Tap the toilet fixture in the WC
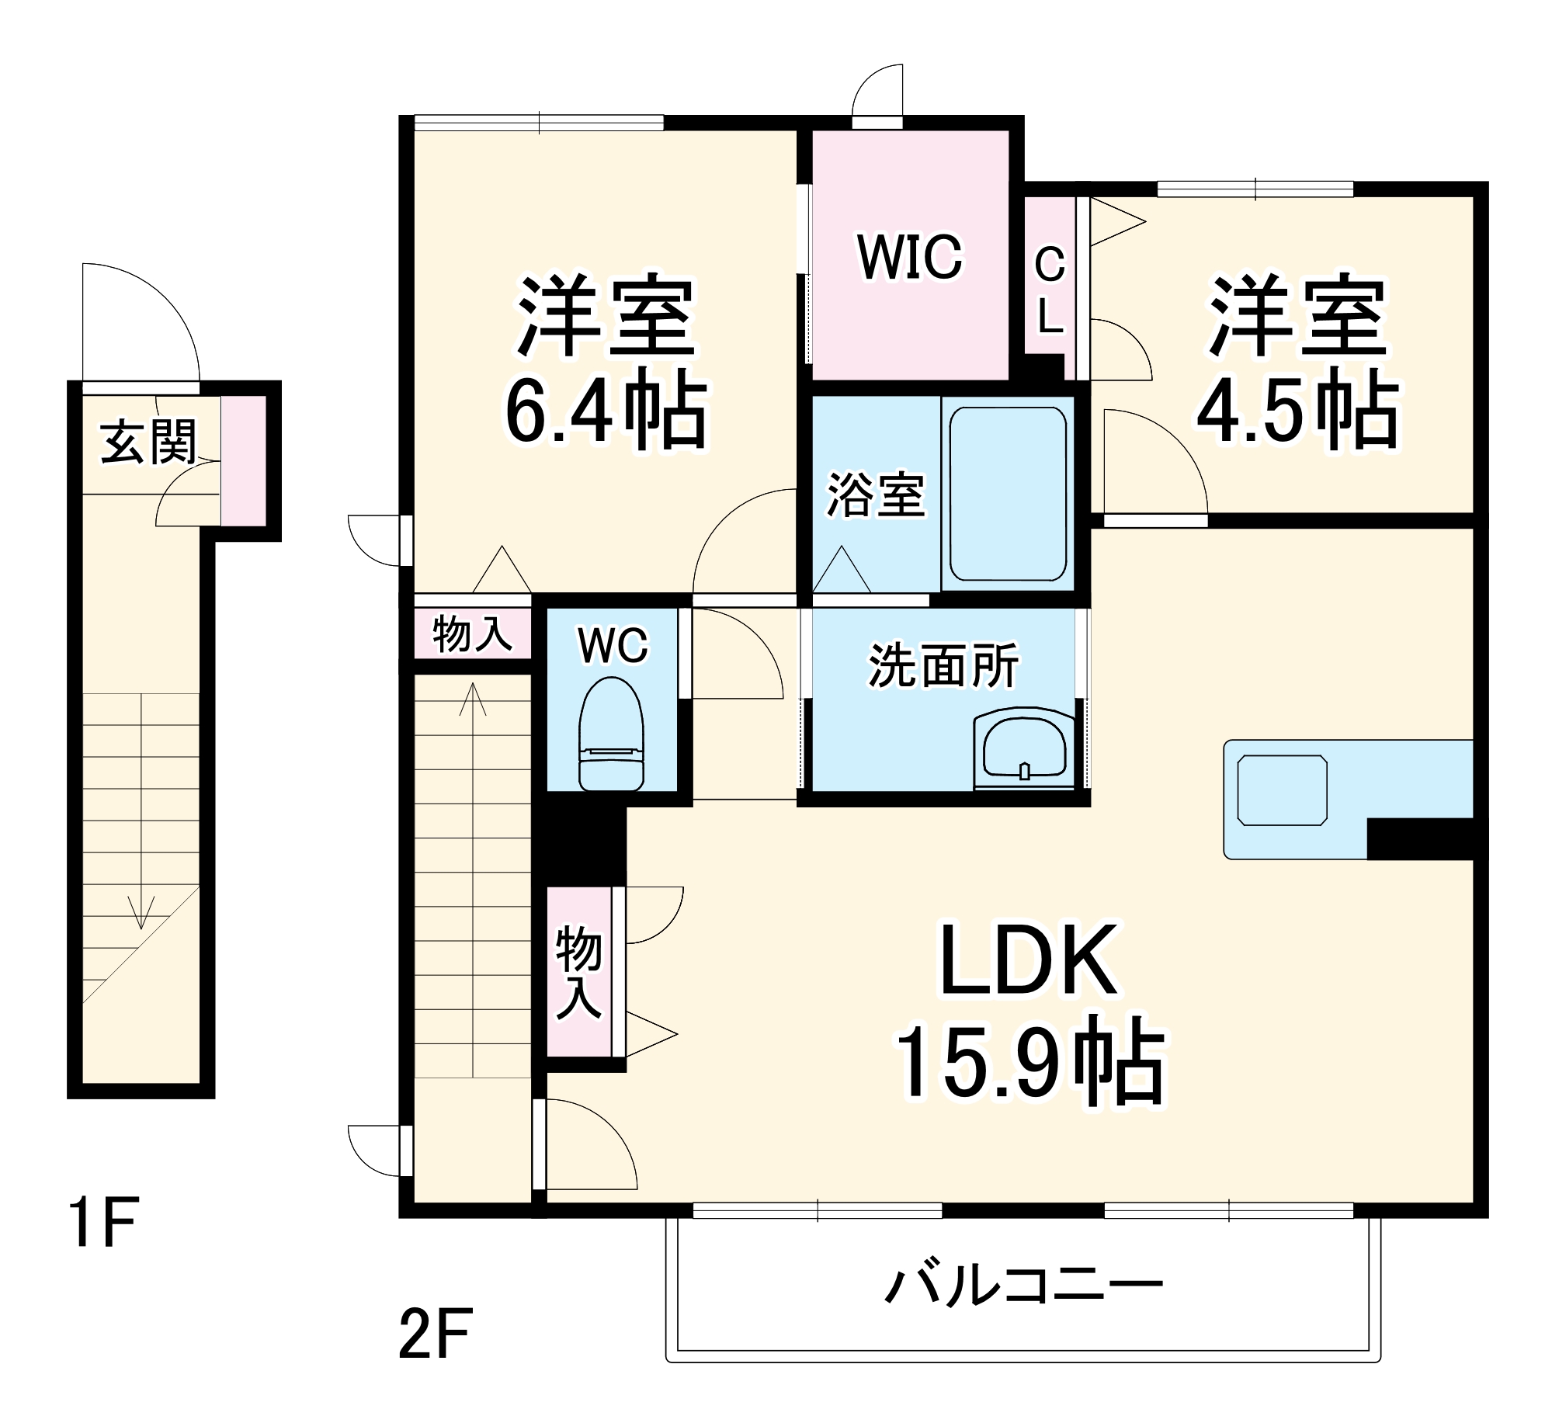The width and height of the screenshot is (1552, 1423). point(611,734)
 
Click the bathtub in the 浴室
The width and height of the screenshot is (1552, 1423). point(1008,494)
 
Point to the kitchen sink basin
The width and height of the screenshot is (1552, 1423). point(1282,790)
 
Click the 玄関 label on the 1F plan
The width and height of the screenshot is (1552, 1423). point(148,442)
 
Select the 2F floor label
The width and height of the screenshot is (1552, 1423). point(435,1334)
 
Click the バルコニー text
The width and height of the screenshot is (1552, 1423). point(1023,1286)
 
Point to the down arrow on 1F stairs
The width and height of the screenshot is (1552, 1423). point(141,911)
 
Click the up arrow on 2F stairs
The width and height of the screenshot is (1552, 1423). point(473,699)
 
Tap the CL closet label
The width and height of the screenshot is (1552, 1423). point(1050,290)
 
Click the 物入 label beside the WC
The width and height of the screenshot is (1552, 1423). point(472,633)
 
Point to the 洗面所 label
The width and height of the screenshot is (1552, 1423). point(943,665)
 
